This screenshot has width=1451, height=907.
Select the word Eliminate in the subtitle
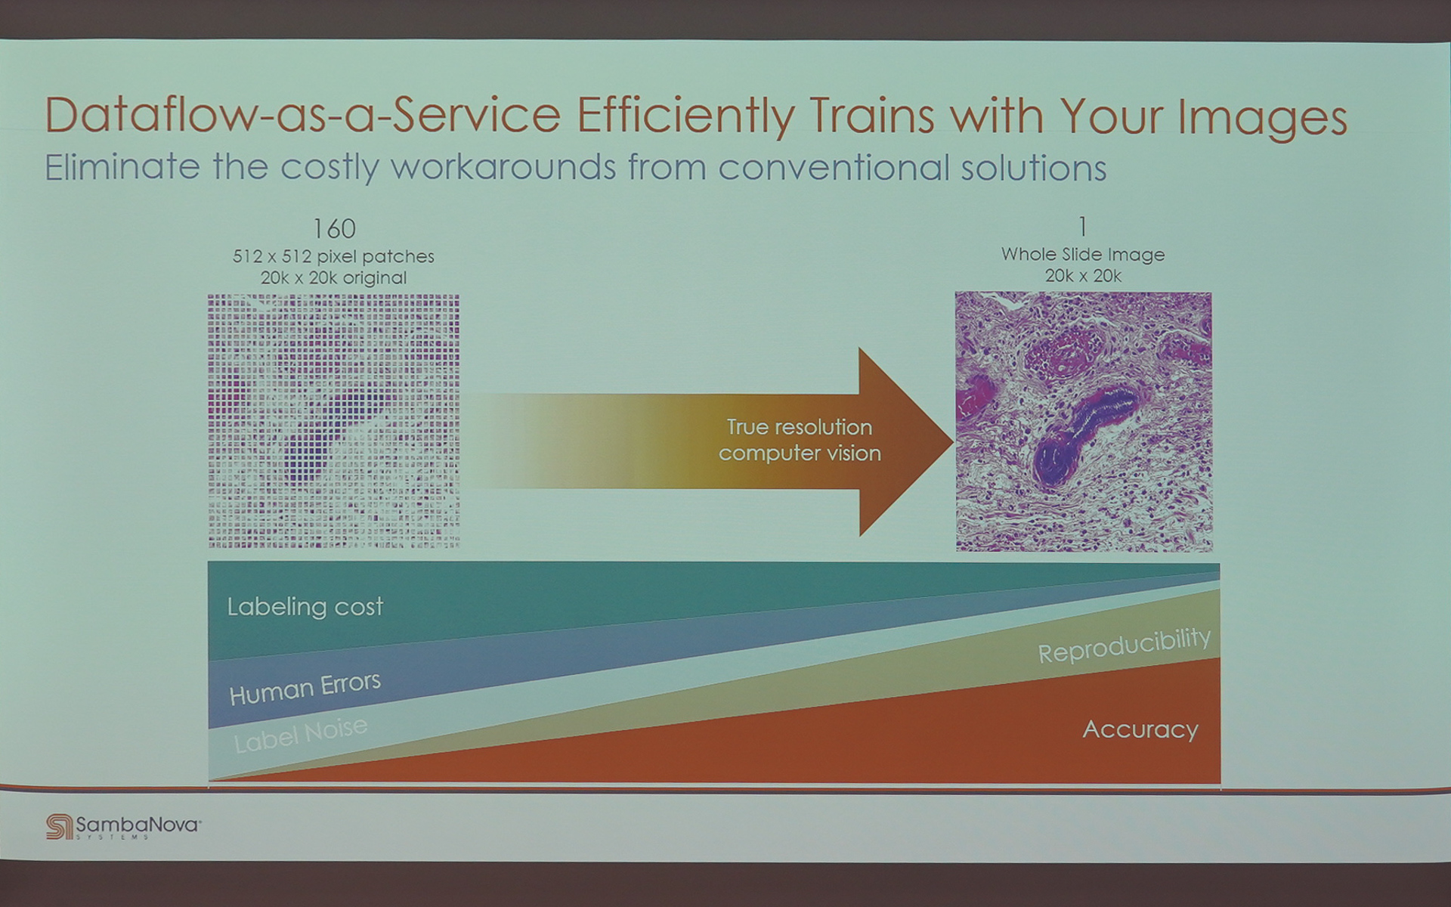(x=122, y=167)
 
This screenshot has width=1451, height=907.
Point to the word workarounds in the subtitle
(x=503, y=167)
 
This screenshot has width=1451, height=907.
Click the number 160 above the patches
(x=334, y=228)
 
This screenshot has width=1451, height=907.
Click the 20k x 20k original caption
(x=333, y=278)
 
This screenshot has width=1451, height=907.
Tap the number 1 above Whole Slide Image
(x=1083, y=227)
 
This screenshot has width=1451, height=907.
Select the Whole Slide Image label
(x=1083, y=255)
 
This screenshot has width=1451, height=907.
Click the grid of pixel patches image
(x=333, y=421)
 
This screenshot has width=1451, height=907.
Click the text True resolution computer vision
(x=800, y=440)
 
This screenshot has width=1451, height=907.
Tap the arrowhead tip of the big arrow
(x=953, y=441)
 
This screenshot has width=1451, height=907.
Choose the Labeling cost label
(x=305, y=607)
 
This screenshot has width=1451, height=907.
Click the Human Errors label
(x=305, y=689)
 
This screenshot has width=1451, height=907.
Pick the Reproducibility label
(x=1124, y=645)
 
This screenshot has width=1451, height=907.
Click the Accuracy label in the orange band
(x=1140, y=729)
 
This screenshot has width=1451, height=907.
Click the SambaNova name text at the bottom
(x=138, y=825)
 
